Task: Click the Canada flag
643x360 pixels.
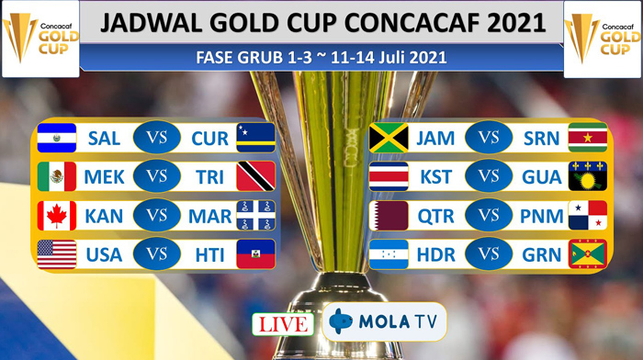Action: pos(57,216)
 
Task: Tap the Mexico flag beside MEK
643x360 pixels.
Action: pos(57,176)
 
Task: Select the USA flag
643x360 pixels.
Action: pos(57,254)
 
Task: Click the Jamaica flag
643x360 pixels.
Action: pos(389,138)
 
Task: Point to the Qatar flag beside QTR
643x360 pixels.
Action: pos(389,216)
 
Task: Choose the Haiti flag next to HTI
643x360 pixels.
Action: pos(255,254)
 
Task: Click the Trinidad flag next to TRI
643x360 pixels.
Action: pos(255,176)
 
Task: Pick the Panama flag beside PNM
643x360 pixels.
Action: pos(588,216)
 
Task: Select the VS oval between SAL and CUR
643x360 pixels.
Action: pos(157,138)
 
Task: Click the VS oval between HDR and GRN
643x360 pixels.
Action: pos(489,254)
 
